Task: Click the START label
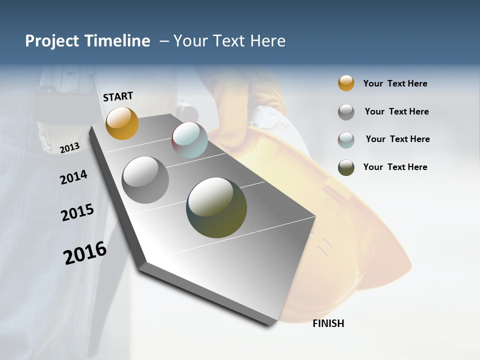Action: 118,96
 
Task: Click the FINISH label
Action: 328,323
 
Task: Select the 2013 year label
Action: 69,147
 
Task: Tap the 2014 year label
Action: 73,177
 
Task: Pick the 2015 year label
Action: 77,212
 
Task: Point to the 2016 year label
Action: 85,253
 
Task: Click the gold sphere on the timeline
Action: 122,123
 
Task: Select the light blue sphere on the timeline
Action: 189,140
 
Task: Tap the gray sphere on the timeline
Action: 145,180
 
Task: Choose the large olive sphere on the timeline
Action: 216,207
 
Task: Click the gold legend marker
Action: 346,83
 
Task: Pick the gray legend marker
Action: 346,112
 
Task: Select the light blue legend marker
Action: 346,140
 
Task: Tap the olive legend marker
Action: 346,167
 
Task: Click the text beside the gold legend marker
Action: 395,83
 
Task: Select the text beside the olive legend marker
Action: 395,167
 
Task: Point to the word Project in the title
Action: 52,41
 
